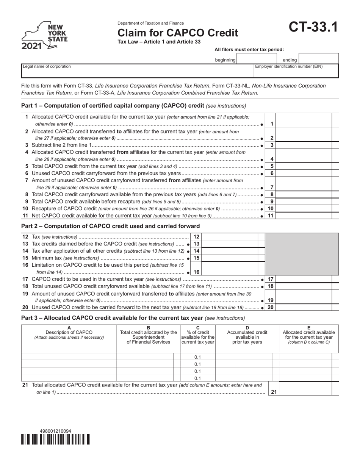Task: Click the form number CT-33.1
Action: pyautogui.click(x=313, y=28)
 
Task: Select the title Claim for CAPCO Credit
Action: pyautogui.click(x=178, y=33)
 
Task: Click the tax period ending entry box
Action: pyautogui.click(x=318, y=59)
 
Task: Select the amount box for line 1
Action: pyautogui.click(x=304, y=120)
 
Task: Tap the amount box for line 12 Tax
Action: pyautogui.click(x=229, y=237)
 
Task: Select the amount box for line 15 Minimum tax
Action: pyautogui.click(x=229, y=258)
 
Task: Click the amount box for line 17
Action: pyautogui.click(x=304, y=279)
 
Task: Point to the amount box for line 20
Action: pyautogui.click(x=304, y=307)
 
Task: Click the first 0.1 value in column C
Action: pyautogui.click(x=197, y=357)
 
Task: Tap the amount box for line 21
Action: pyautogui.click(x=305, y=388)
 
